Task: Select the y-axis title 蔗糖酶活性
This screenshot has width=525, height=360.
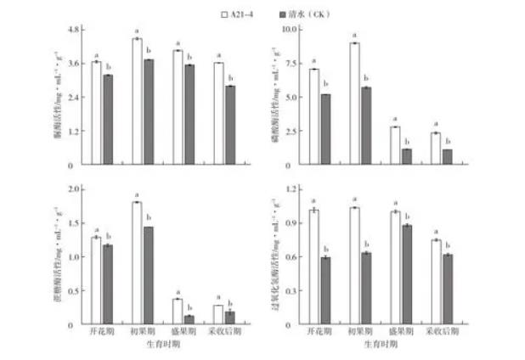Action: click(x=56, y=255)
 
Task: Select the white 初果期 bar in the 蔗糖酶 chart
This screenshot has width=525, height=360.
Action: click(x=137, y=263)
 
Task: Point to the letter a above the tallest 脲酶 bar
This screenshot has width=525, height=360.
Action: click(x=136, y=31)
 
